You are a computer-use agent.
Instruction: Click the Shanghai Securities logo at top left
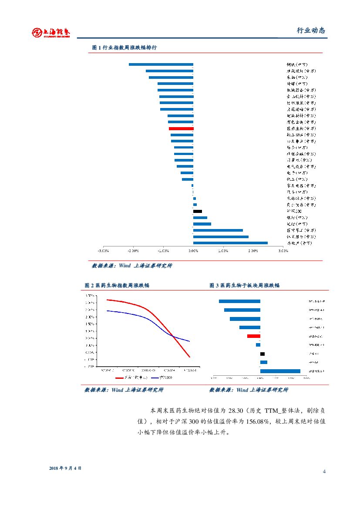(x=51, y=32)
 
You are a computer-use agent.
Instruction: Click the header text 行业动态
(x=311, y=30)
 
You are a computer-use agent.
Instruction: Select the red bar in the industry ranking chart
(x=181, y=129)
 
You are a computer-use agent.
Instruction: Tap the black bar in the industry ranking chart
(x=198, y=211)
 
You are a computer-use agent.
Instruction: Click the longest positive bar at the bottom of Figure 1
(x=230, y=243)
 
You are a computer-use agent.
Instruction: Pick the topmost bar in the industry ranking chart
(x=161, y=64)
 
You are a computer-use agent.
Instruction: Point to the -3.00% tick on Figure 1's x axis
(x=103, y=251)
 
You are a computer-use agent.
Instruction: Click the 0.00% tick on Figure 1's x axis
(x=193, y=251)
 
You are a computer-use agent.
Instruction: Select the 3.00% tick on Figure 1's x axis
(x=283, y=251)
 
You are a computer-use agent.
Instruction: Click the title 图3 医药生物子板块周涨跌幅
(x=244, y=285)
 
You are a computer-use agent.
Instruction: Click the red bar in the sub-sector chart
(x=254, y=336)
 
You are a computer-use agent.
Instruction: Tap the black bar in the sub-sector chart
(x=262, y=354)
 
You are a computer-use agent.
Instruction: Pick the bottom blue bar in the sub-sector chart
(x=280, y=371)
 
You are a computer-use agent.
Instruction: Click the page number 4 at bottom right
(x=324, y=472)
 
